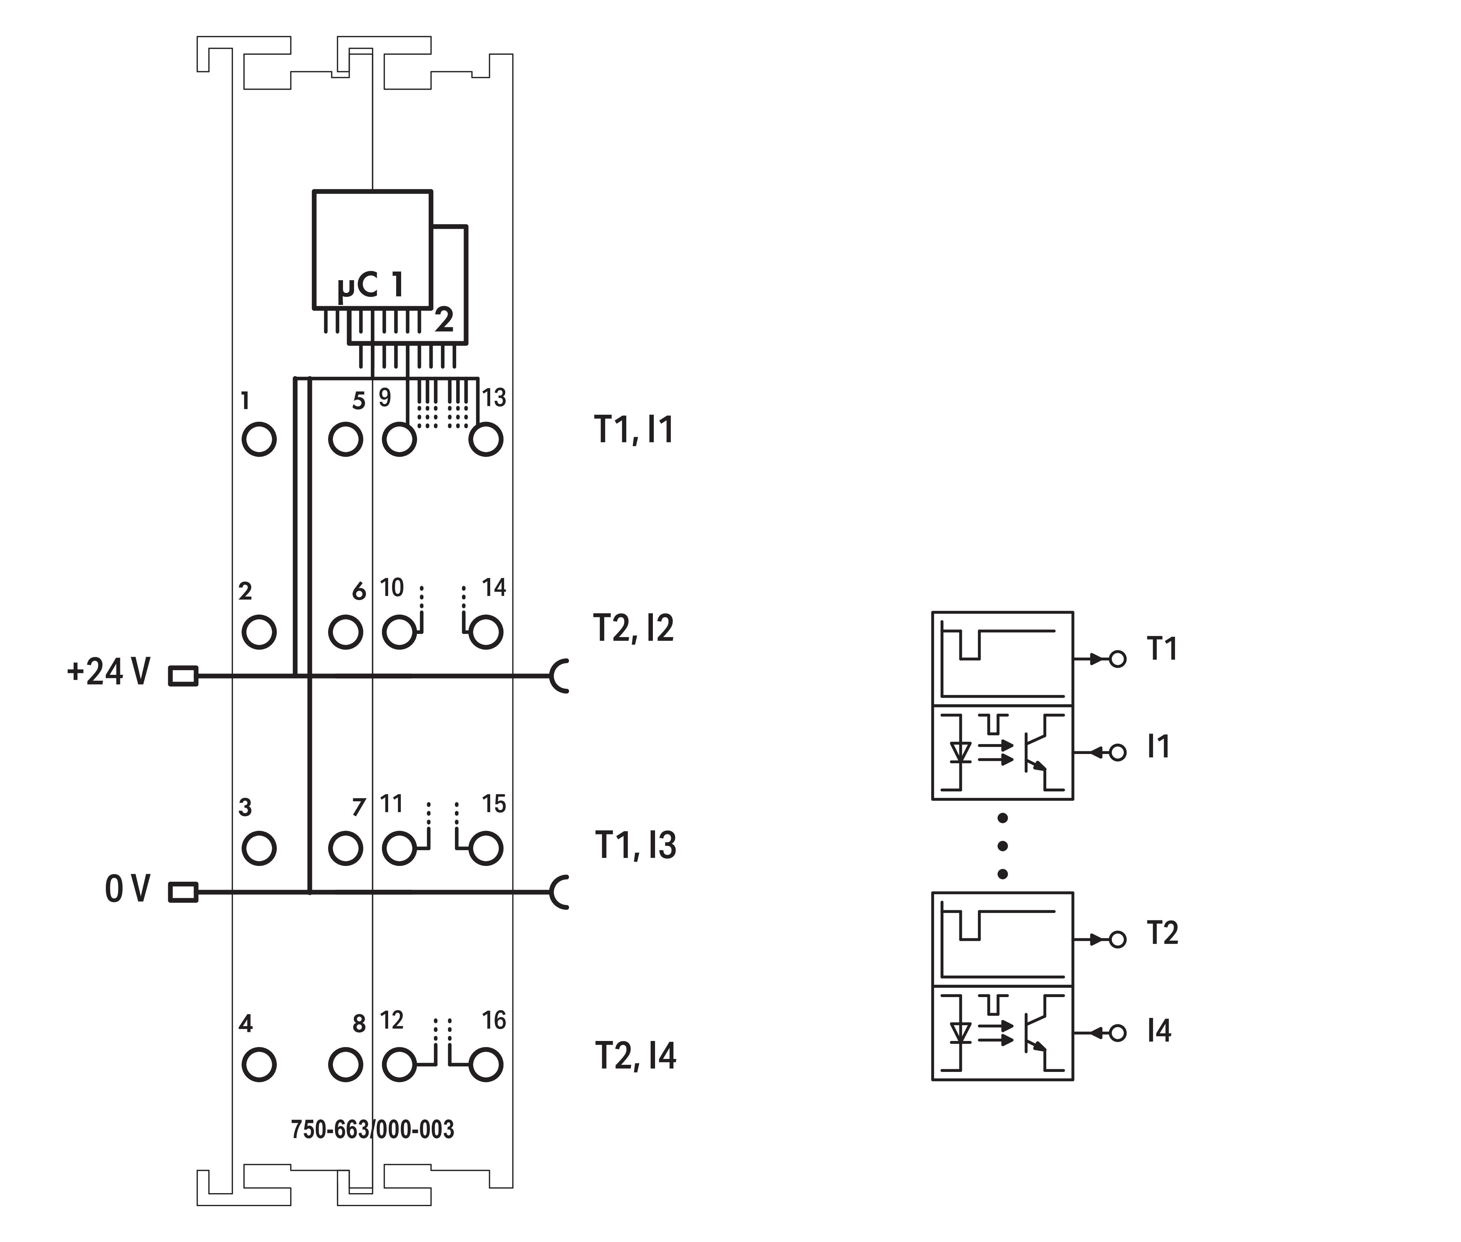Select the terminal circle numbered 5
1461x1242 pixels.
coord(345,439)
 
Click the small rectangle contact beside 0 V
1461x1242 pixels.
coord(183,893)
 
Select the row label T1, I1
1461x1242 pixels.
coord(634,430)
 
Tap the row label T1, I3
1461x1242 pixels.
coord(635,845)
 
